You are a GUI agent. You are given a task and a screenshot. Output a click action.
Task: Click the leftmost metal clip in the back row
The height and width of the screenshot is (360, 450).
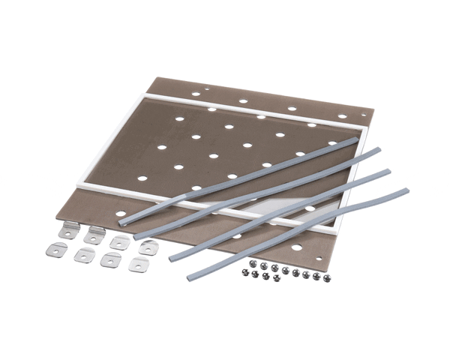click(x=68, y=229)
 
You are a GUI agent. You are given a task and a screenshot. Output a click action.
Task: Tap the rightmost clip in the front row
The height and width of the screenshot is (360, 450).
click(x=137, y=265)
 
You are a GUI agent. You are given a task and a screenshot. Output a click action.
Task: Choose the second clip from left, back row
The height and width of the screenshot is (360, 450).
click(x=94, y=235)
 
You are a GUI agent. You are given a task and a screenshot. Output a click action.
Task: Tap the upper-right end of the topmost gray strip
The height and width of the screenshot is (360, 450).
click(x=355, y=141)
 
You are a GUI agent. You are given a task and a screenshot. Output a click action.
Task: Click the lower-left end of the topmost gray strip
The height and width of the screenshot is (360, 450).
click(x=122, y=222)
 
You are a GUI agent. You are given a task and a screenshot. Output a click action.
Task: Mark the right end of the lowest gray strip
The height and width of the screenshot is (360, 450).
click(x=405, y=192)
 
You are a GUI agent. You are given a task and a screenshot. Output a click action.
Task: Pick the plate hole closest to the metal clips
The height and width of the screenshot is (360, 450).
click(x=121, y=214)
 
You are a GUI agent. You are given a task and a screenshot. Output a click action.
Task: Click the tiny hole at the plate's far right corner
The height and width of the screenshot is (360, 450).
click(x=364, y=115)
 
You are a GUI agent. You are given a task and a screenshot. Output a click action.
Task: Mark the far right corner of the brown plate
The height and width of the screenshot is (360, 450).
click(x=370, y=112)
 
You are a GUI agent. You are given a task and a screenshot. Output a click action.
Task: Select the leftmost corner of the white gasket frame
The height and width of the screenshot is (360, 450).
click(x=78, y=182)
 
